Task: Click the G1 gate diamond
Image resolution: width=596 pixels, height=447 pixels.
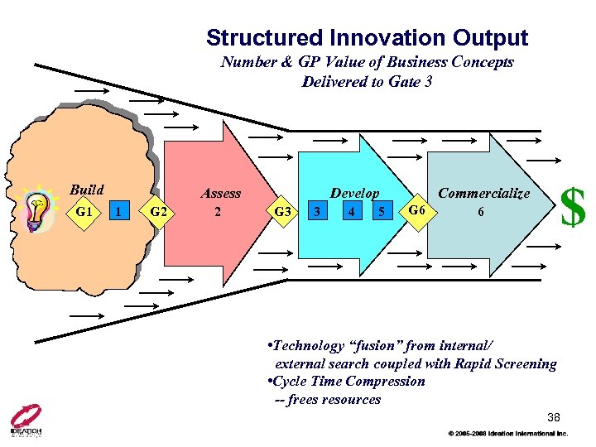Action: point(84,212)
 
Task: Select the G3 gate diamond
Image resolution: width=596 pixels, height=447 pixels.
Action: point(282,212)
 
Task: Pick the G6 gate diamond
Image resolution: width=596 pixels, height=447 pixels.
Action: point(418,210)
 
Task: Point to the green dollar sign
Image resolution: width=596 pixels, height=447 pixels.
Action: point(573,207)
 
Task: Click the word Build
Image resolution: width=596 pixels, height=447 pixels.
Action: point(86,190)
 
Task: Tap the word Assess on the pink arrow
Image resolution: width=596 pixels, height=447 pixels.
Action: point(221,194)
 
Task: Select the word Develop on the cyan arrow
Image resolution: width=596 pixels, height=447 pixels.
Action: point(354,194)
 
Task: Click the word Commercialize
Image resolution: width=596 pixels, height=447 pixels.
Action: point(483,193)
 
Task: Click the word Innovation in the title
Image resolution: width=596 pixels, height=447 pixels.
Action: point(387,38)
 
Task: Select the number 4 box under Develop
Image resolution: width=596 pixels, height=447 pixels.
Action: point(353,212)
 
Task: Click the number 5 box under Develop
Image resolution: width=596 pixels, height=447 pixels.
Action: point(381,212)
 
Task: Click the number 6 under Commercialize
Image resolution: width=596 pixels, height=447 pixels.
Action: point(480,211)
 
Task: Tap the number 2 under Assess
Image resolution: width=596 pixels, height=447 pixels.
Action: point(218,211)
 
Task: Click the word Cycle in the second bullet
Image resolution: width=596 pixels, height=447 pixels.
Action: point(285,382)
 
